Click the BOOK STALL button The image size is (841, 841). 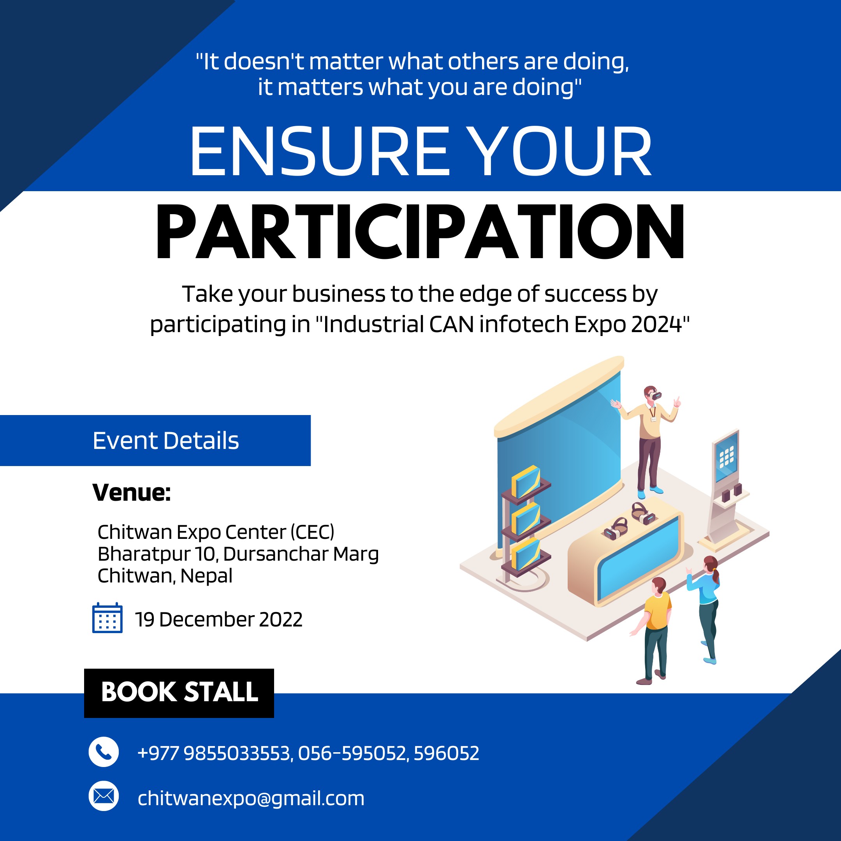[179, 693]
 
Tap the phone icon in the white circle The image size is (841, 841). [104, 752]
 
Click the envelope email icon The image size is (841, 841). [104, 796]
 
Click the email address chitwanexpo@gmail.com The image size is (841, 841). [251, 798]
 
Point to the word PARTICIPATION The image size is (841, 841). [420, 232]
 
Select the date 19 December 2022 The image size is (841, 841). [218, 619]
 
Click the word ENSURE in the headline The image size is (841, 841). [320, 151]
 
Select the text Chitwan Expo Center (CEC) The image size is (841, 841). [216, 532]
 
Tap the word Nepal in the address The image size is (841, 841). [206, 576]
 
